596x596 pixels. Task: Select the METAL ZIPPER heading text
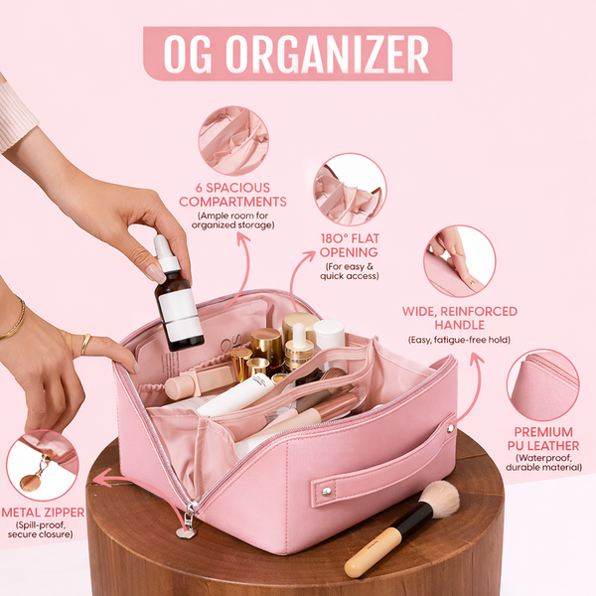tap(43, 513)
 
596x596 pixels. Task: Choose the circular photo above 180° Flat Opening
tap(350, 188)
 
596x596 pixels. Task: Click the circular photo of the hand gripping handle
tap(459, 260)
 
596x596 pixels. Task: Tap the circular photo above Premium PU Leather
tap(542, 384)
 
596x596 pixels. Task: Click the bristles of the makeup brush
tap(440, 499)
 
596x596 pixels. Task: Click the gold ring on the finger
tap(85, 344)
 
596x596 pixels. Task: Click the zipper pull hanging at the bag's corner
tap(186, 527)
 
